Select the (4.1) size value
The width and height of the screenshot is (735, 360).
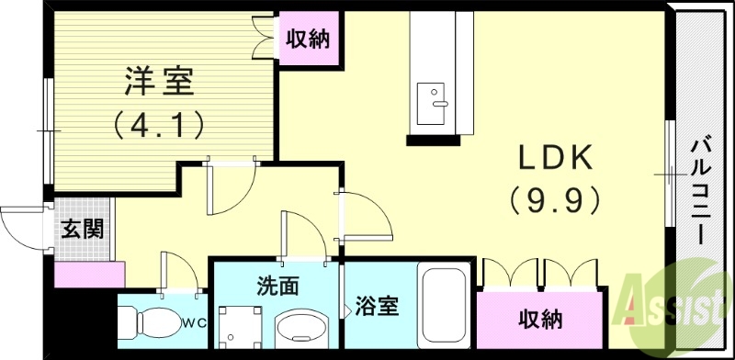point(157,122)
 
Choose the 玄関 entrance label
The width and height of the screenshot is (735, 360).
point(82,229)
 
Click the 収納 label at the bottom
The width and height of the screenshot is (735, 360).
point(540,319)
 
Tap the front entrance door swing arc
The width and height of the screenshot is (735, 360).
point(18,225)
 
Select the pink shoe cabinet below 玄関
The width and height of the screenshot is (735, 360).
point(89,274)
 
